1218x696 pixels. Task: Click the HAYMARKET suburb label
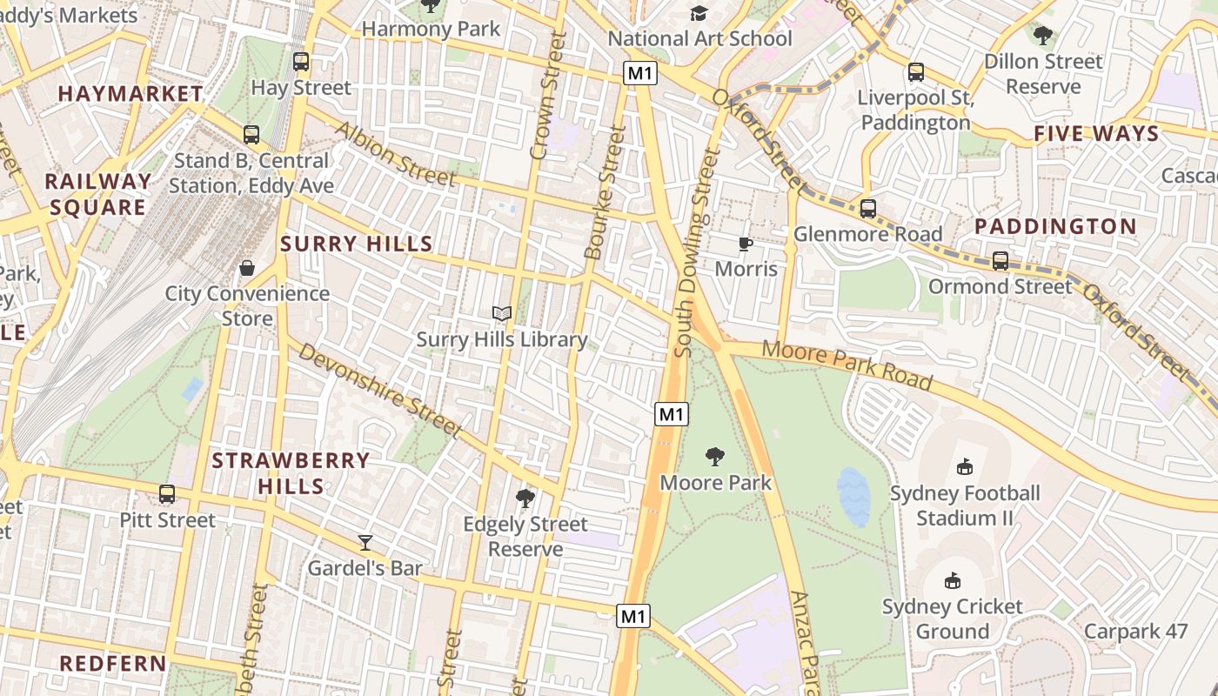click(130, 94)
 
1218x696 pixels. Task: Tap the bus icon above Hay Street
click(301, 62)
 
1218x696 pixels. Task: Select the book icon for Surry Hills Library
click(502, 313)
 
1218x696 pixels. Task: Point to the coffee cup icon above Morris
click(746, 244)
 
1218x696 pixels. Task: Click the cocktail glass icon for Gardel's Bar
click(365, 543)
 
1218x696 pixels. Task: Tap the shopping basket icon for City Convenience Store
click(247, 268)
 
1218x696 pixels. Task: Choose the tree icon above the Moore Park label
click(715, 456)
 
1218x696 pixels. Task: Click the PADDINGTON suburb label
click(1055, 227)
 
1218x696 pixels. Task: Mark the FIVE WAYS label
click(1096, 134)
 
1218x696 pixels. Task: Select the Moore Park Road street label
click(847, 365)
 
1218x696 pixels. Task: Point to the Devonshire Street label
click(378, 389)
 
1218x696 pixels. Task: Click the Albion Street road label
click(395, 154)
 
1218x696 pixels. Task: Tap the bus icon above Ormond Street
click(1000, 260)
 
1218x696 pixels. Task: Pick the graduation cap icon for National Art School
click(699, 13)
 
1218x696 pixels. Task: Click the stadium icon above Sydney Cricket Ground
click(953, 580)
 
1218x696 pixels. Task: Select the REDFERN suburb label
click(113, 664)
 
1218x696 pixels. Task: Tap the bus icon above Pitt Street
click(167, 494)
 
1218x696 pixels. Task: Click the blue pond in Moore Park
click(853, 497)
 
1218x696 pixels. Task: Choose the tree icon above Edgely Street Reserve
click(525, 499)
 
